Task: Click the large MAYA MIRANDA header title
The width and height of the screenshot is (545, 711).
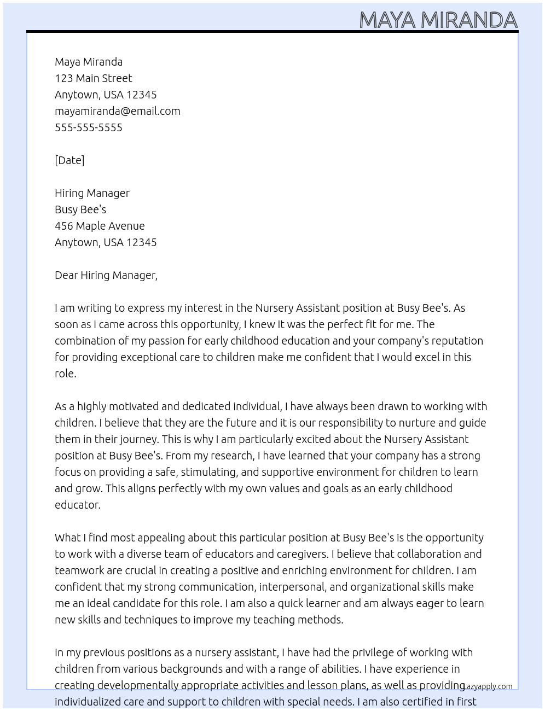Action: tap(438, 20)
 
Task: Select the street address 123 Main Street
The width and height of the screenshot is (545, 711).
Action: tap(93, 78)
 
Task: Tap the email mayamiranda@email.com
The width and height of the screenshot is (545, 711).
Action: tap(117, 111)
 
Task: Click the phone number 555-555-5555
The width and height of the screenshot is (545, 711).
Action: tap(89, 127)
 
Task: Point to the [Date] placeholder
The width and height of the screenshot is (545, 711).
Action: tap(69, 160)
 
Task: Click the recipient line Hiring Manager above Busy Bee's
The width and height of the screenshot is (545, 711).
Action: tap(92, 193)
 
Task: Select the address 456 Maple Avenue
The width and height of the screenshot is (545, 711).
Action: tap(100, 226)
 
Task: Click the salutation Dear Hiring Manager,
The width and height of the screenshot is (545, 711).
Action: tap(106, 275)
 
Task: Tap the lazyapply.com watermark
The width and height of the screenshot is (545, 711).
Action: tap(488, 686)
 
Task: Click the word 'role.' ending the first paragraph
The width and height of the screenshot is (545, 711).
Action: tap(65, 374)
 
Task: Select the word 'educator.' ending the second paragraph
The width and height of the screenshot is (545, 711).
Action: tap(78, 505)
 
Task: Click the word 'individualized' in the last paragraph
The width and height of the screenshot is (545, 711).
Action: tap(88, 702)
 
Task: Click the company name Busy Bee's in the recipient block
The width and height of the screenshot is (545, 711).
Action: tap(80, 209)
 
